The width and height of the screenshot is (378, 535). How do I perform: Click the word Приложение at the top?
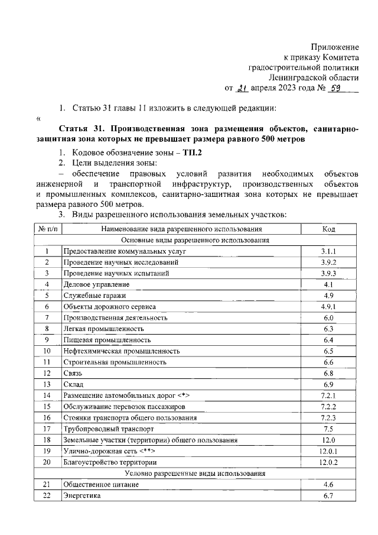[335, 47]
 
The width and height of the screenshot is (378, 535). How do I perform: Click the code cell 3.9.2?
[328, 262]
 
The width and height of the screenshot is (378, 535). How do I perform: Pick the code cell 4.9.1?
[328, 307]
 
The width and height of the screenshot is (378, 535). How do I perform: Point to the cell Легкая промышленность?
[103, 329]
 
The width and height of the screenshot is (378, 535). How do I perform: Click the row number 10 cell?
[46, 351]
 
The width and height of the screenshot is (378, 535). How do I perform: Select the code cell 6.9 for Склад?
[328, 384]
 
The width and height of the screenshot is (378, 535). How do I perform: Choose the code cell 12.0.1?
[328, 451]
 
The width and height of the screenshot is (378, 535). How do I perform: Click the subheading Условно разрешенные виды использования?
[195, 474]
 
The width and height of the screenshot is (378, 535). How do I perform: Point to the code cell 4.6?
[328, 485]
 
